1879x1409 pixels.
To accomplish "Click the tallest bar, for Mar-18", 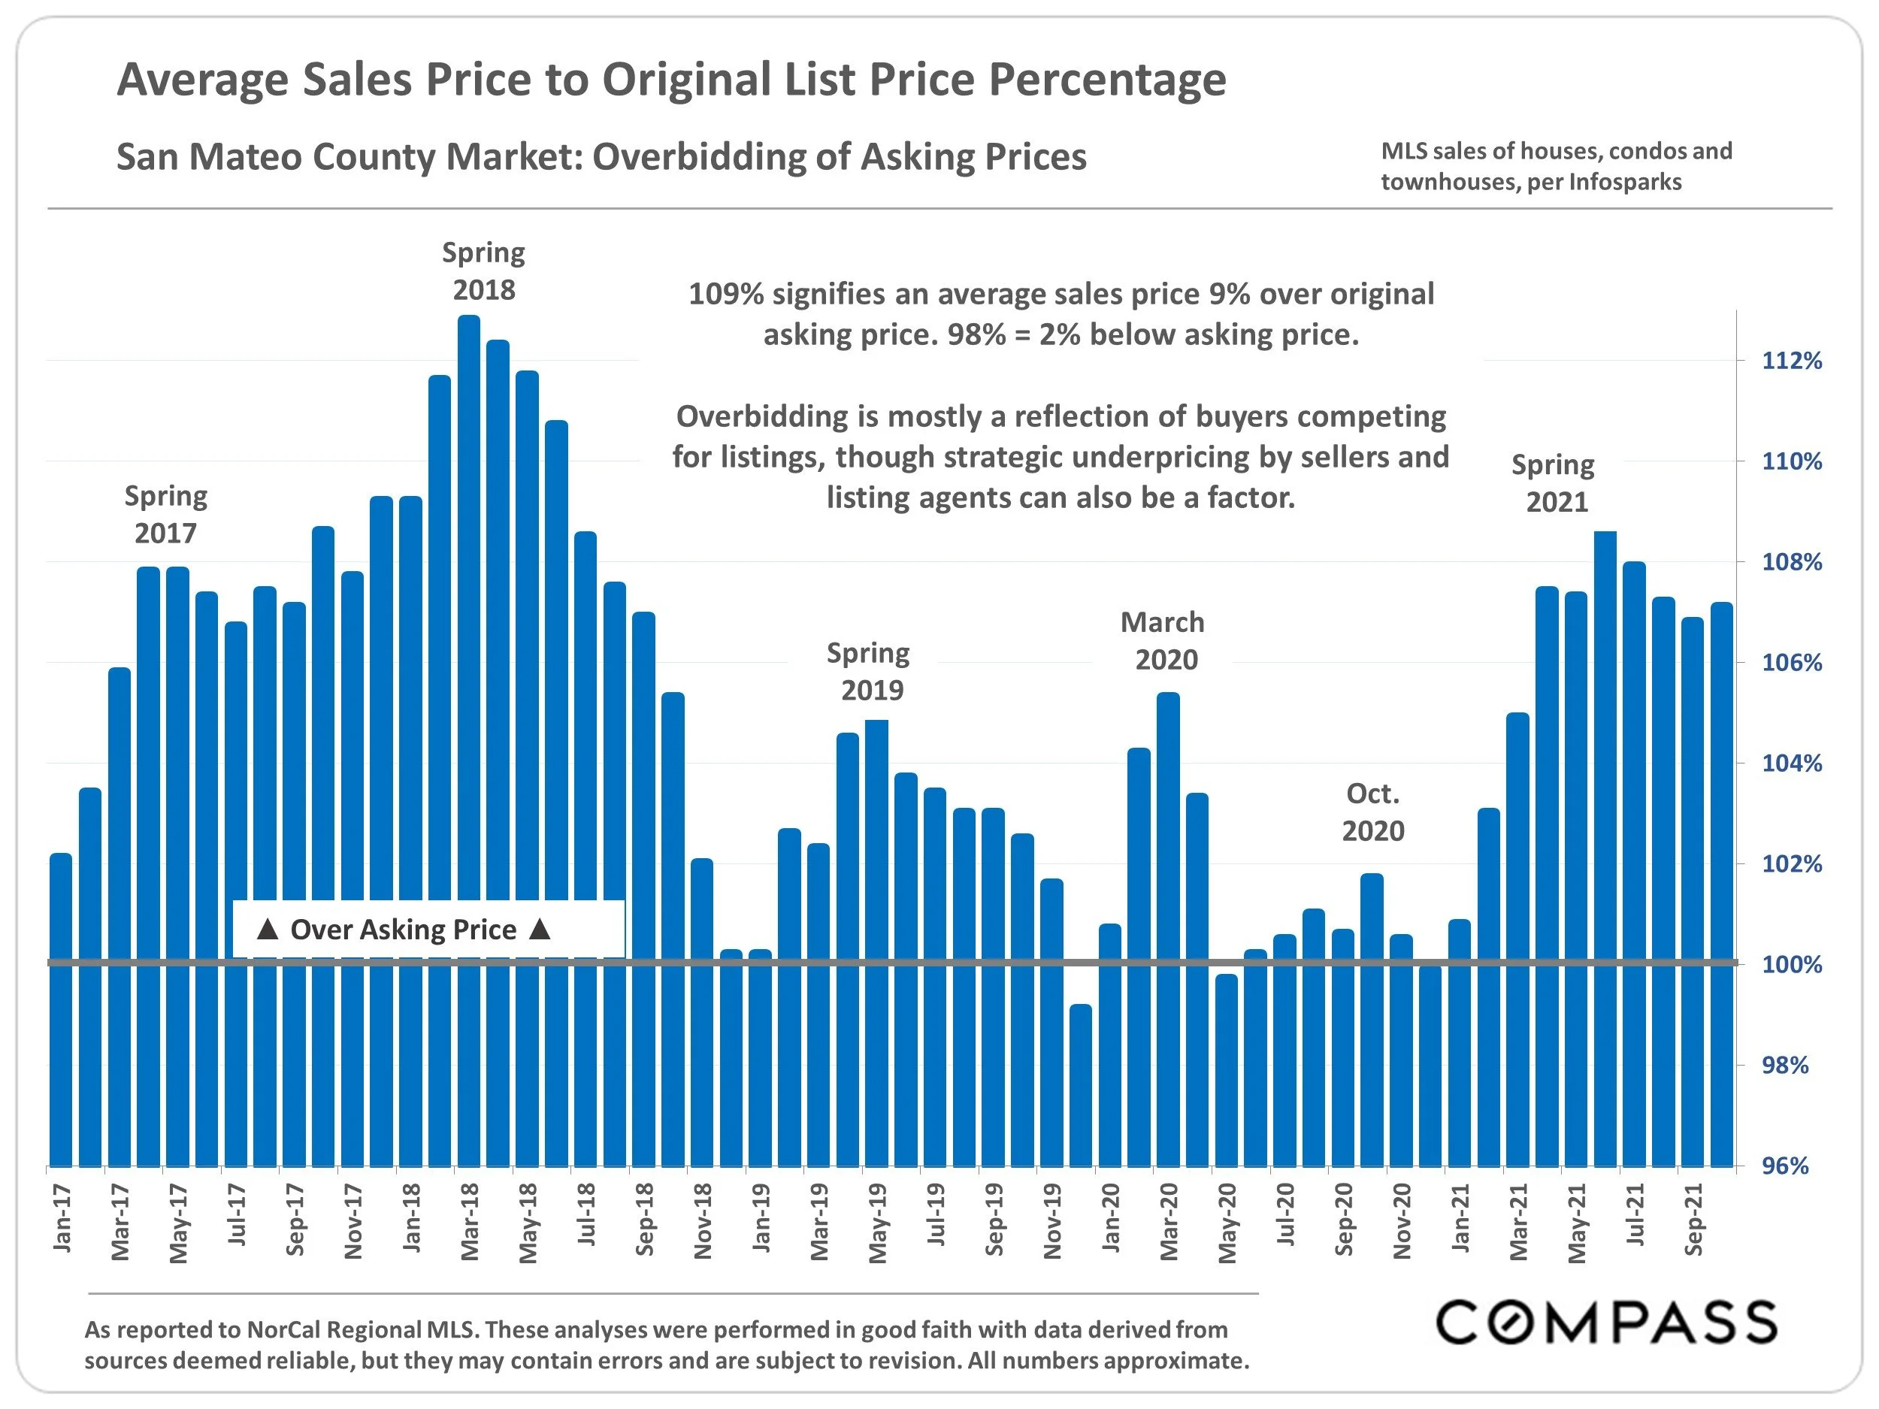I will [469, 739].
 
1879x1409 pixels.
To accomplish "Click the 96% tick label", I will [1785, 1166].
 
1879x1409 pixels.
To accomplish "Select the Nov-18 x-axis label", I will [703, 1221].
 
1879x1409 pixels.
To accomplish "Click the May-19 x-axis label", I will [877, 1223].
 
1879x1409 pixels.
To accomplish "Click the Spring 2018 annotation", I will [483, 271].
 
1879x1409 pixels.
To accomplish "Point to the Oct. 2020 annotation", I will [1372, 812].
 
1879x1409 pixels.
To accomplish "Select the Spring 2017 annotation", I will [165, 514].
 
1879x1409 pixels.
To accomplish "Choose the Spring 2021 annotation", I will [1554, 483].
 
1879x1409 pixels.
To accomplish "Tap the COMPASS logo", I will [1605, 1323].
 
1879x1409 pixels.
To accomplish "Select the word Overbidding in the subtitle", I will [722, 157].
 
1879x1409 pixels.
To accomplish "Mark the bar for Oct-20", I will [1372, 1019].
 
